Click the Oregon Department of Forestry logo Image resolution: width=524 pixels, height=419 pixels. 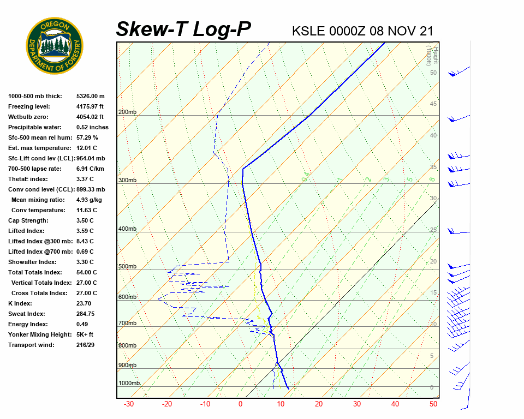[x=55, y=46]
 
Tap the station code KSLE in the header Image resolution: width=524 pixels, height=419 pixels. [x=309, y=31]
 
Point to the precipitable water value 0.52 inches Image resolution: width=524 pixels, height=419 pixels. [x=92, y=127]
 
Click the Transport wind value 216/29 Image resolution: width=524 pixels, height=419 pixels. [x=86, y=345]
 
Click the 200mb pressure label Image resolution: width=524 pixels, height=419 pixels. [x=127, y=112]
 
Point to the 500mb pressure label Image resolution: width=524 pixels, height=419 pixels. [x=127, y=266]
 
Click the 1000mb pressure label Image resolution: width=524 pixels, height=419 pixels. [x=129, y=383]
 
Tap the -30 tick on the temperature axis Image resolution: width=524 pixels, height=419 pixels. [x=129, y=404]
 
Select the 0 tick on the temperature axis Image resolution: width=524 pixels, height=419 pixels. [x=240, y=404]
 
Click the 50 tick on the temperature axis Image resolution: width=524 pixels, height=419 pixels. [x=433, y=404]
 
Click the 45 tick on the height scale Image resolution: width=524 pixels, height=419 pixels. [x=433, y=104]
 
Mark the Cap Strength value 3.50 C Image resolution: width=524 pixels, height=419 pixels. [x=86, y=220]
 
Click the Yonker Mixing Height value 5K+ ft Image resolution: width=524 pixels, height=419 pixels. [x=85, y=334]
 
